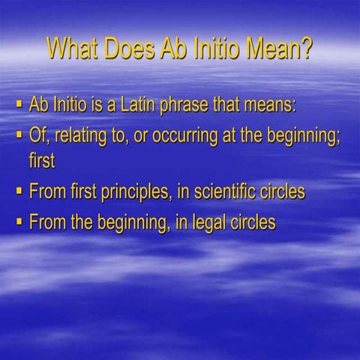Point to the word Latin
(153, 104)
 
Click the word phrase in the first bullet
(202, 105)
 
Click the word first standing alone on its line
(42, 160)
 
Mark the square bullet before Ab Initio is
(18, 103)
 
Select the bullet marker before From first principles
(18, 190)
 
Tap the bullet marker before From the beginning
(18, 222)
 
